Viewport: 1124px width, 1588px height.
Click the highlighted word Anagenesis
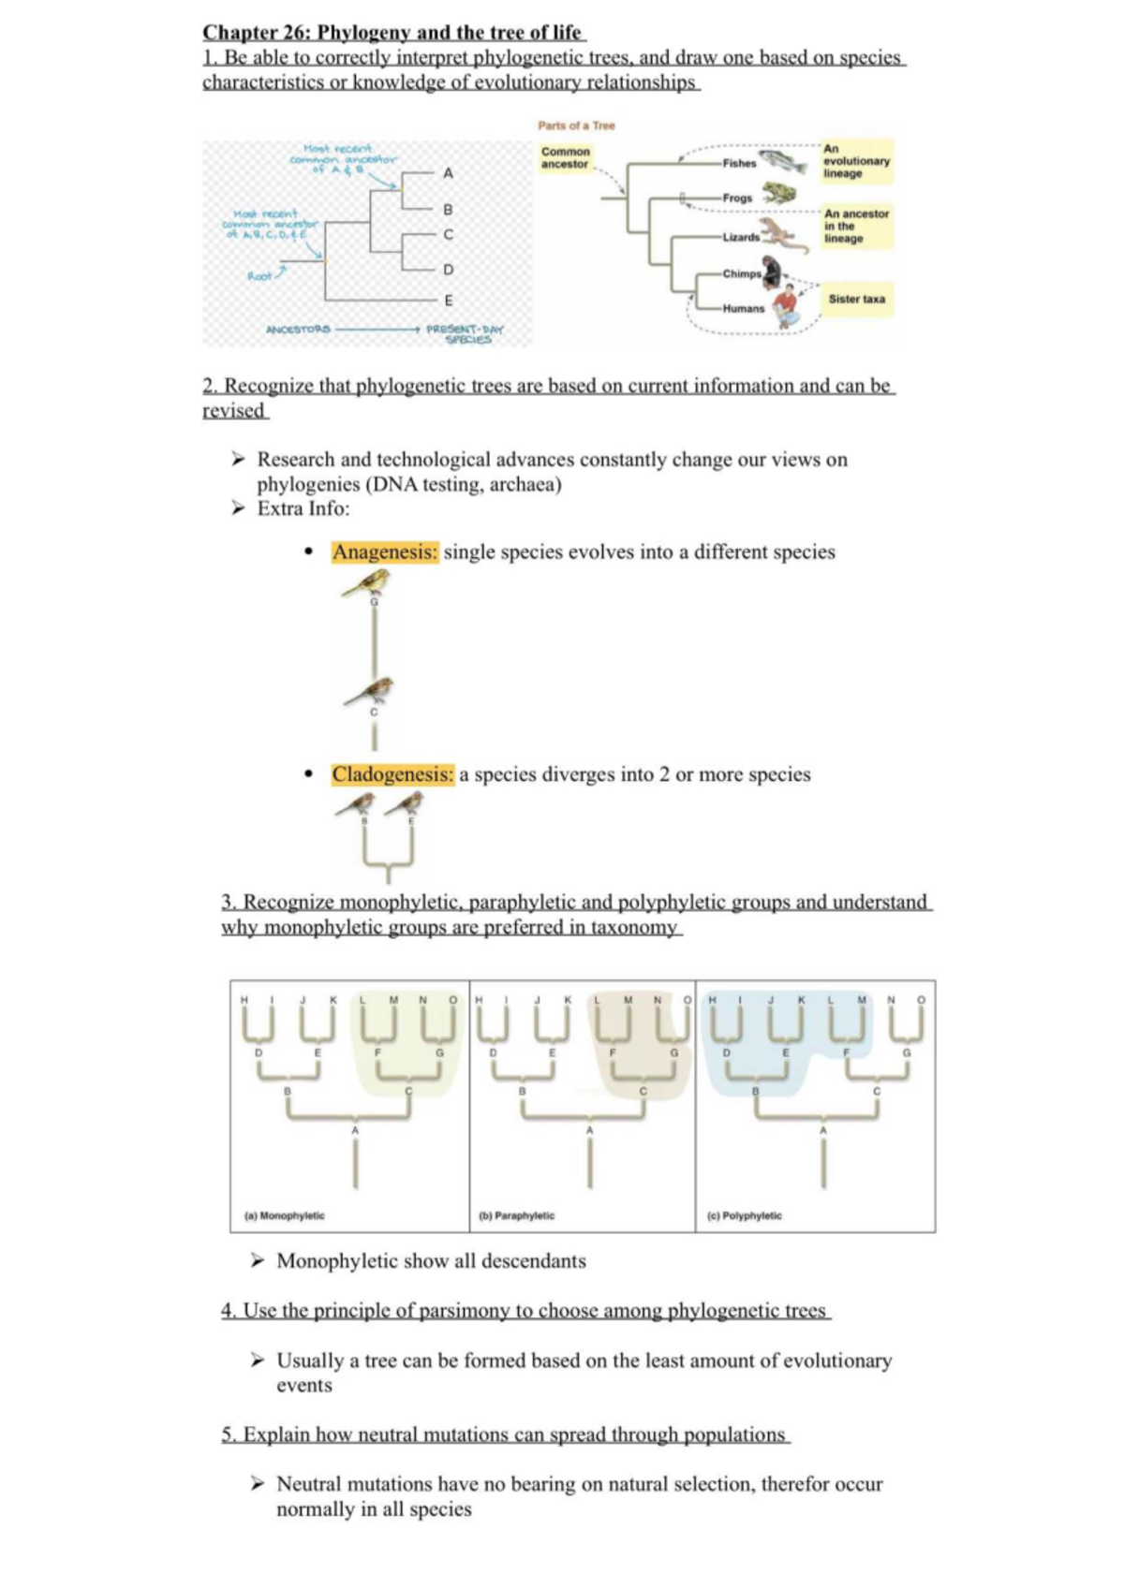(x=385, y=552)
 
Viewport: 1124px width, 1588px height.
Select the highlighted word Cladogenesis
(x=392, y=775)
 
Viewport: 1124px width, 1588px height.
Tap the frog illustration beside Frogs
(x=777, y=194)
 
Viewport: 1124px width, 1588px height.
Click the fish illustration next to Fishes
(x=783, y=162)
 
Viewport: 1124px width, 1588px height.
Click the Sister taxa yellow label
(x=856, y=300)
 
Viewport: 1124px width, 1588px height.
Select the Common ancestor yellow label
(x=566, y=157)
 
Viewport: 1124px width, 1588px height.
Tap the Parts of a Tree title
(x=576, y=125)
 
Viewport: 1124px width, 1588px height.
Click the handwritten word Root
(x=259, y=276)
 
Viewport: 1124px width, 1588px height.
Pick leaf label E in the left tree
(x=449, y=301)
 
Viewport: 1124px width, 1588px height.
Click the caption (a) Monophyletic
(x=284, y=1215)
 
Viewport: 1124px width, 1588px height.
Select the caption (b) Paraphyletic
(x=516, y=1215)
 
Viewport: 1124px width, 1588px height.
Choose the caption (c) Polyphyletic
(x=745, y=1215)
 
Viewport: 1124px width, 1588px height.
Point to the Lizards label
(x=741, y=237)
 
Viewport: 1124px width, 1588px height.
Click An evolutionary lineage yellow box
(x=856, y=161)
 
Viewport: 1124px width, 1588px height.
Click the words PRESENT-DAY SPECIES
(x=466, y=334)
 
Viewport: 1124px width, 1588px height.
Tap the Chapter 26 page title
(x=393, y=33)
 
